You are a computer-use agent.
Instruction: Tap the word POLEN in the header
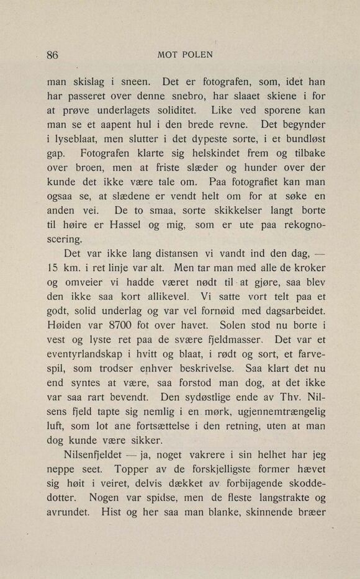click(x=197, y=54)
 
